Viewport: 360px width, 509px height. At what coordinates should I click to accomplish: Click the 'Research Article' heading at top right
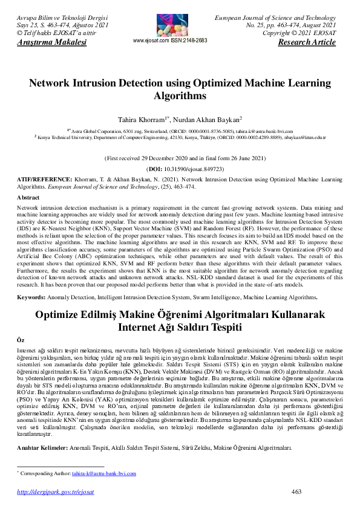[x=306, y=42]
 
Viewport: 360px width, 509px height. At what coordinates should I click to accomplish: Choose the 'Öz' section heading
[x=21, y=341]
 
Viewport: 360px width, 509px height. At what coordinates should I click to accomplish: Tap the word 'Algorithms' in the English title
[x=180, y=96]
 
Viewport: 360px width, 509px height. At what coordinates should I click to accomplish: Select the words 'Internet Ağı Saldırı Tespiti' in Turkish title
[x=180, y=327]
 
